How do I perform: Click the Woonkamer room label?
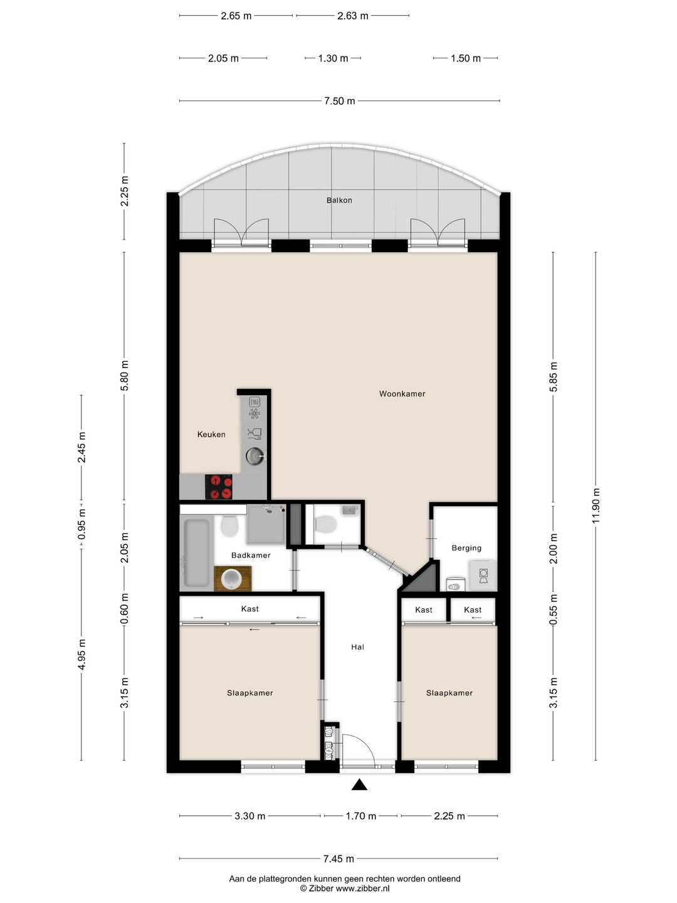pos(402,394)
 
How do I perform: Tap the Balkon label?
pos(339,200)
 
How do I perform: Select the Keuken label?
pos(211,435)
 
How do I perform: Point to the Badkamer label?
pos(251,556)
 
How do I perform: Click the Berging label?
pos(466,548)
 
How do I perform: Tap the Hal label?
pos(357,647)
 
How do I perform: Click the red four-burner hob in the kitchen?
pos(218,487)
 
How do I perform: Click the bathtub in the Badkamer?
pos(196,553)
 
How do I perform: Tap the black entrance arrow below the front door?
pos(359,785)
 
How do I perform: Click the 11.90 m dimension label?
pos(596,505)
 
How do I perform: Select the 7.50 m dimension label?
pos(339,101)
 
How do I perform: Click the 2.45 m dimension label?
pos(81,447)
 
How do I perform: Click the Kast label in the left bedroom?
pos(250,609)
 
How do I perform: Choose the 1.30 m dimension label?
pos(333,58)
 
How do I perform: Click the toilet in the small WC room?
pos(325,524)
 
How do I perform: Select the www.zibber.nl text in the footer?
pos(362,888)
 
